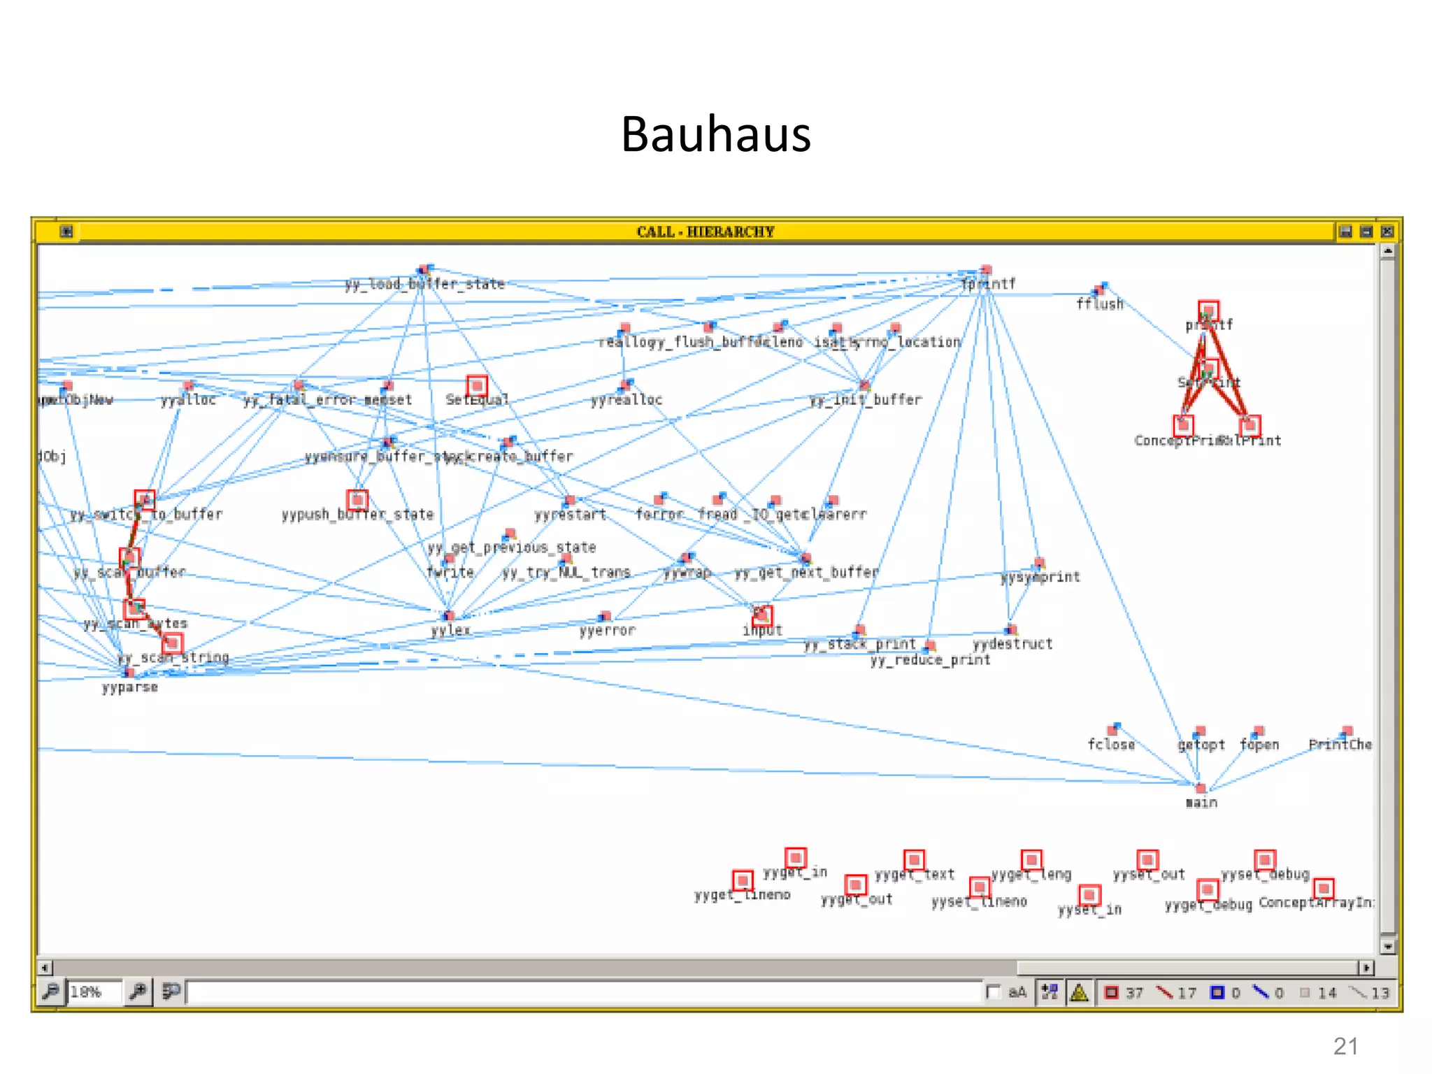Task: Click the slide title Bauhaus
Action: coord(715,134)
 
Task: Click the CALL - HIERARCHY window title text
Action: coord(705,231)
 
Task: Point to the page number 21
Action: coord(1345,1046)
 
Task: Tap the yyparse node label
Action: coord(130,687)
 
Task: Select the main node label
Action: coord(1201,803)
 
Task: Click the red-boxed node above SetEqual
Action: coord(477,385)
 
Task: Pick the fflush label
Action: coord(1099,303)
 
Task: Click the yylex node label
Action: coord(450,630)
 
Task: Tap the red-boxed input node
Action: coord(762,615)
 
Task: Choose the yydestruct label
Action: coord(1012,643)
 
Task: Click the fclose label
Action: coord(1111,745)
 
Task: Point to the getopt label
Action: coord(1201,745)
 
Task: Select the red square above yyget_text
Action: coord(914,859)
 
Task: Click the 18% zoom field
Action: coord(94,991)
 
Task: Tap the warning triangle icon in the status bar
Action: coord(1079,992)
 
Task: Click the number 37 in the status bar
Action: coord(1134,993)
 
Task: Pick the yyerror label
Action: coord(607,630)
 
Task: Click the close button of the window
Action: coord(1387,231)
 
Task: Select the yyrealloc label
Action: coord(626,400)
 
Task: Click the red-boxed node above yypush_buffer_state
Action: coord(357,499)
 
